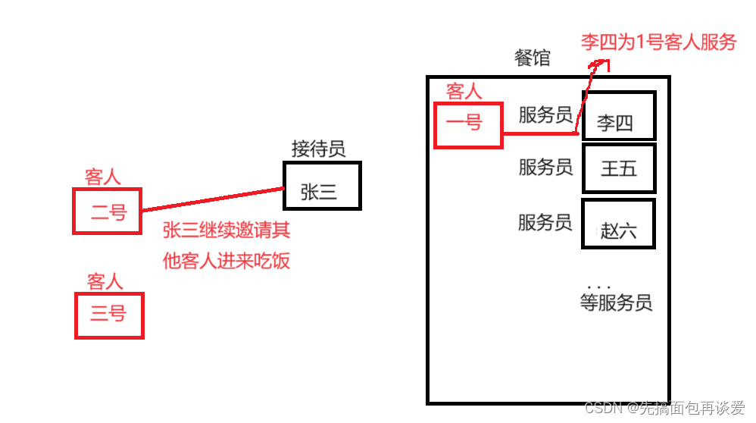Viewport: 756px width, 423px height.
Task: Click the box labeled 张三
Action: coord(322,186)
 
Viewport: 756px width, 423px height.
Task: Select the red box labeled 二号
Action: coord(108,211)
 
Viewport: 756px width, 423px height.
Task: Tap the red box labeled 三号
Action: coord(108,314)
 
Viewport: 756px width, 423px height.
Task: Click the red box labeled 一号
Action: coord(467,124)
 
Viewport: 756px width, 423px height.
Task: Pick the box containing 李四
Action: coord(618,116)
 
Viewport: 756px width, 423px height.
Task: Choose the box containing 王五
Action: coord(618,168)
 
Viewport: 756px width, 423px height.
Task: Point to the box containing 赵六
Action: coord(618,224)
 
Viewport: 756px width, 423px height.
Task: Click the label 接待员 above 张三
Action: coord(318,149)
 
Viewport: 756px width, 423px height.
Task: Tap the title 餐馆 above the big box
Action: coord(533,58)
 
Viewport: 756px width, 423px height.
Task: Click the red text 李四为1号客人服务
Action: coord(658,42)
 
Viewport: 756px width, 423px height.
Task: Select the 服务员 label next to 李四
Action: coord(545,115)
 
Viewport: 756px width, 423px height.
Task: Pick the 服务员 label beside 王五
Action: coord(545,168)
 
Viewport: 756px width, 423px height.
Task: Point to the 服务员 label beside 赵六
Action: coord(545,223)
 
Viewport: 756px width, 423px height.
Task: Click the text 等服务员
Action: coord(615,303)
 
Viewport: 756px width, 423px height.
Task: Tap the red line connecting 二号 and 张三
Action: coord(212,199)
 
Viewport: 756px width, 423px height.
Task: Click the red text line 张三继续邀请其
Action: coord(226,230)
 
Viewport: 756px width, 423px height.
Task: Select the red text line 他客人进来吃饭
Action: coord(226,262)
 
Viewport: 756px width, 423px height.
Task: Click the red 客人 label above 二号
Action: coord(103,177)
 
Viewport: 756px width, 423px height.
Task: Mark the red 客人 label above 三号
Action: coord(105,282)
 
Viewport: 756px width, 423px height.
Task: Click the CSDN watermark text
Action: coord(664,409)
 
